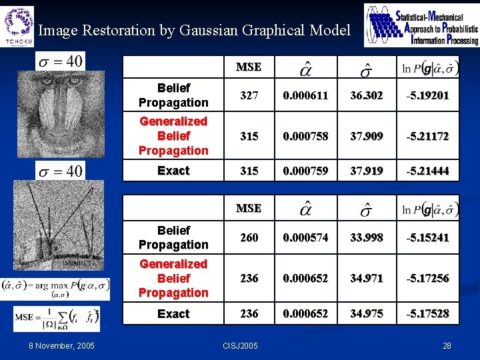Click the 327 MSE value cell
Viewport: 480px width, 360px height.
249,95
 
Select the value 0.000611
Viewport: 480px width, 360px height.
305,95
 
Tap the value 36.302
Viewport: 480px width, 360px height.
367,95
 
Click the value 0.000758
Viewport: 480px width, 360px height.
305,136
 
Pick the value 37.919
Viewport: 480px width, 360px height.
367,171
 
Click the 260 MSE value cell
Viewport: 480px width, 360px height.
249,237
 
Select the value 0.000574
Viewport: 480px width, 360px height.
305,237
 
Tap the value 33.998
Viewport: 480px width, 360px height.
367,237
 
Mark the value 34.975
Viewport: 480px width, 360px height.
367,313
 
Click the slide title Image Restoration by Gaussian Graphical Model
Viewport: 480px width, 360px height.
194,30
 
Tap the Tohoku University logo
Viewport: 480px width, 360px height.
18,25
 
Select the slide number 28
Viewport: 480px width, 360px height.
447,345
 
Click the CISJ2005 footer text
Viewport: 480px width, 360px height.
241,345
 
